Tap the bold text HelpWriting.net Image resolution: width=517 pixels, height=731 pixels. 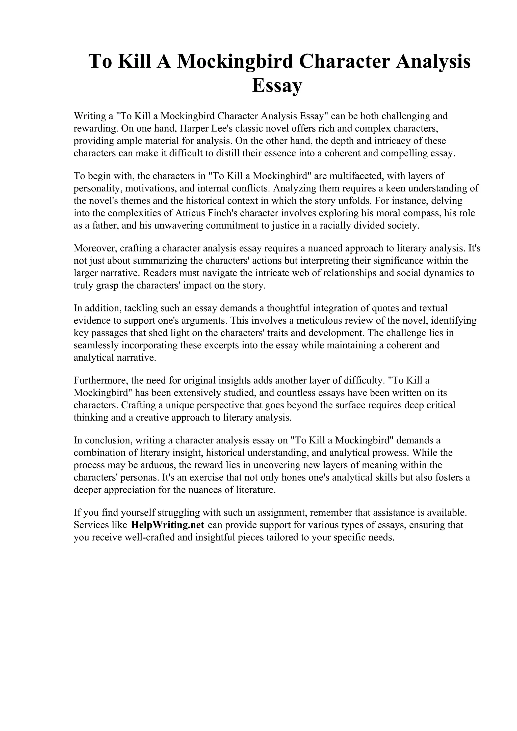tap(168, 525)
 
